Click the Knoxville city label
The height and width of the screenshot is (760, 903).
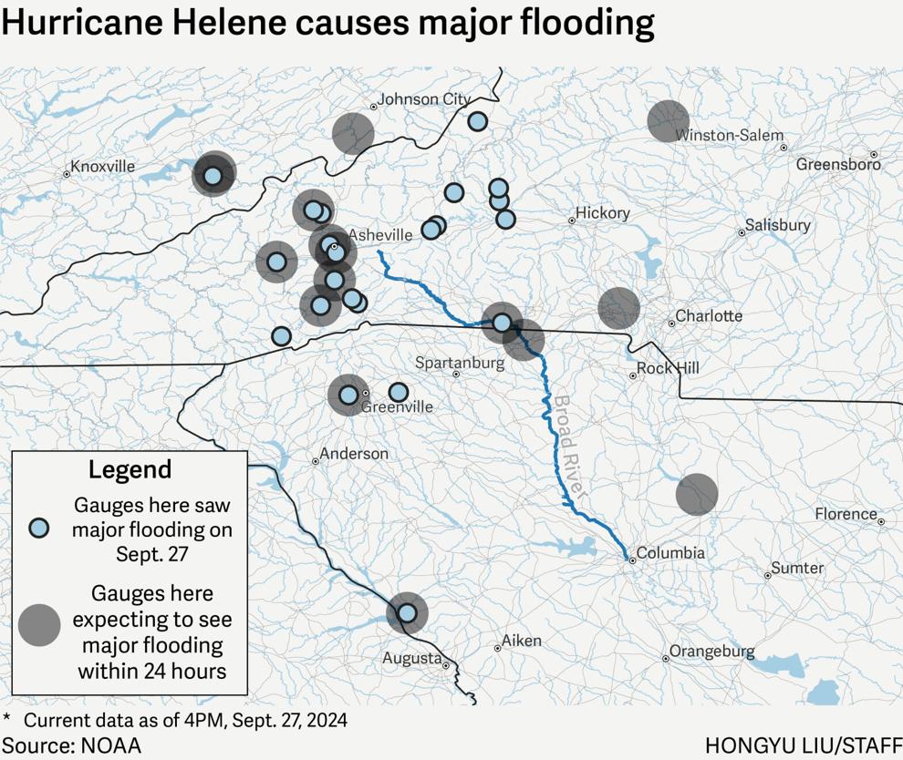[102, 166]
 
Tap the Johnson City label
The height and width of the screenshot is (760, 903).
[423, 98]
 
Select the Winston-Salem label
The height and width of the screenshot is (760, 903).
[729, 135]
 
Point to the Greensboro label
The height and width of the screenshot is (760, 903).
[838, 164]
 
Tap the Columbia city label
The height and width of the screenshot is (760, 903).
[670, 552]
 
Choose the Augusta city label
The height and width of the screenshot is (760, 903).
[412, 658]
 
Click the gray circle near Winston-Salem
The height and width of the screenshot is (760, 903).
[669, 121]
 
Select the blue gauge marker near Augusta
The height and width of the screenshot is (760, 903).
[407, 613]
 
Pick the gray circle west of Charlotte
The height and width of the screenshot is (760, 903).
[619, 308]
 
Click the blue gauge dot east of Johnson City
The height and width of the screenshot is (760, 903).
[477, 121]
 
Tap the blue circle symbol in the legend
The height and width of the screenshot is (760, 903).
[38, 529]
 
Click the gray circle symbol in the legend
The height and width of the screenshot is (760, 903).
[39, 625]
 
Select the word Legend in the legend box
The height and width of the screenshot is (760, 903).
[130, 470]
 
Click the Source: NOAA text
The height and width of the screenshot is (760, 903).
[71, 745]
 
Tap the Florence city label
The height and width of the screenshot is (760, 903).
[846, 514]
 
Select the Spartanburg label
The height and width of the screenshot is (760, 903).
[460, 363]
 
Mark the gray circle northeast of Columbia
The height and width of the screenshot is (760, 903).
[697, 494]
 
